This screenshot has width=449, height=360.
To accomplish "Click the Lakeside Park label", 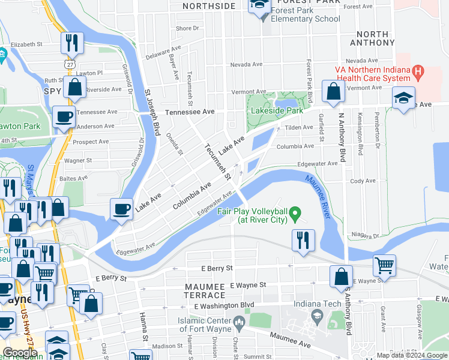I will [277, 111].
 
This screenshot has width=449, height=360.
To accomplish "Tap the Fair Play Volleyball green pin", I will [295, 213].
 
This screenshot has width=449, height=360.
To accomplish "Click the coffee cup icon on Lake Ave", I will [121, 209].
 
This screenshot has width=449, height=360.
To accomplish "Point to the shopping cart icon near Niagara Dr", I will [384, 265].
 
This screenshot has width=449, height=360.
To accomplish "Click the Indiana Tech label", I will [317, 304].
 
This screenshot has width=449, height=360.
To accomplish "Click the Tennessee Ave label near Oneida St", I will [190, 112].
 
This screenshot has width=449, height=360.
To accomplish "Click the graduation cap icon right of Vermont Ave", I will [403, 98].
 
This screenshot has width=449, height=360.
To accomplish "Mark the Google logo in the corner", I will [19, 353].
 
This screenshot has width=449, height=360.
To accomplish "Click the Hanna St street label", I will [144, 325].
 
